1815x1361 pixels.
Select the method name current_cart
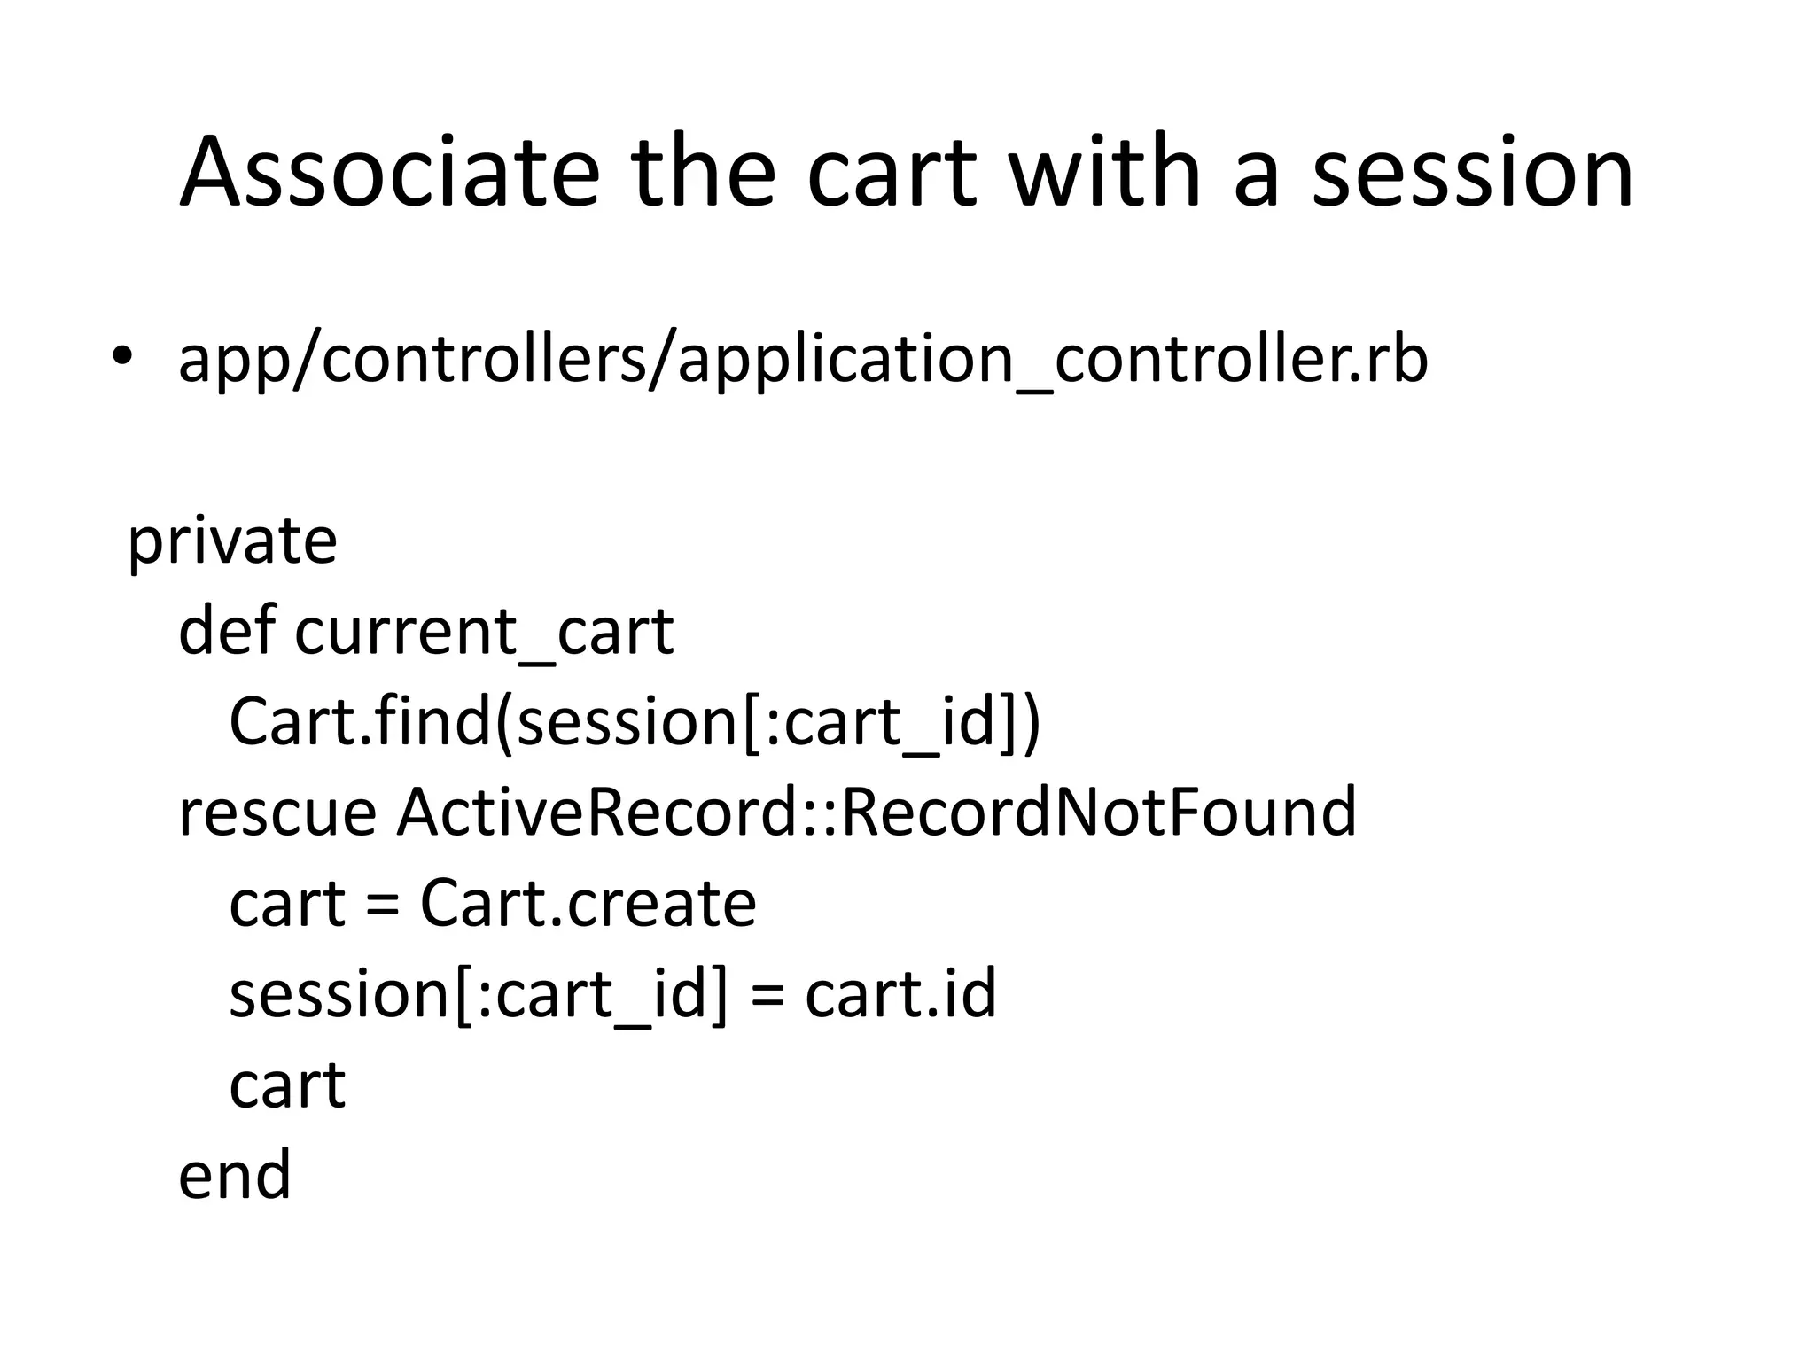484,633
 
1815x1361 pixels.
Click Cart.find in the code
359,721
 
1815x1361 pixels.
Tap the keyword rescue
277,813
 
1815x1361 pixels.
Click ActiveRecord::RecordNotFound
876,812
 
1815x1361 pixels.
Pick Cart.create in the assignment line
588,903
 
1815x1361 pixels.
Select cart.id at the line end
900,993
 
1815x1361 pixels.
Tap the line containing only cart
287,1085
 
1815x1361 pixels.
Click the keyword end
235,1175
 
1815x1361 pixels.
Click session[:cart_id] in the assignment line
479,995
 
